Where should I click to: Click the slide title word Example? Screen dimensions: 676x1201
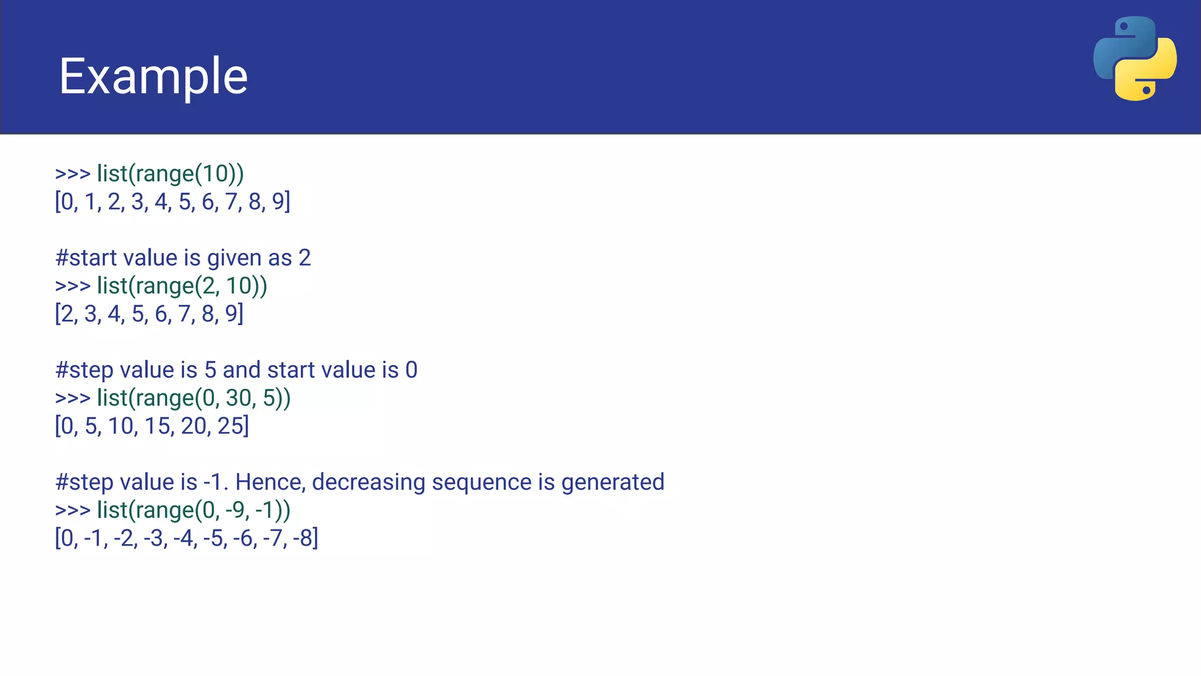153,76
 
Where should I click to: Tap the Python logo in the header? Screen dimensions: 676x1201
1135,59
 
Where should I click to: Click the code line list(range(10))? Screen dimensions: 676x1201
170,174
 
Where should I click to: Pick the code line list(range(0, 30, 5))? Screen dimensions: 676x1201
194,398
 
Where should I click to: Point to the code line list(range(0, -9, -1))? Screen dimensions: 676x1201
194,510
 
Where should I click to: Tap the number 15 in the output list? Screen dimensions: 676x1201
158,426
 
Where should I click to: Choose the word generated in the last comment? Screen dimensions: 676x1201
612,482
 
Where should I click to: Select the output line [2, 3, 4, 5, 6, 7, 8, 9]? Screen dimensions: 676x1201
149,314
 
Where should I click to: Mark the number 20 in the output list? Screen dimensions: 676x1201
194,426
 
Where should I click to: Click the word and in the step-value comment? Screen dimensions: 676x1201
241,370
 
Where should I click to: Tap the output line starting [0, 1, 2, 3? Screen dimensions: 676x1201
172,202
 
